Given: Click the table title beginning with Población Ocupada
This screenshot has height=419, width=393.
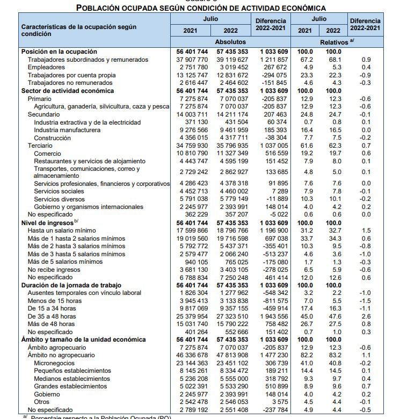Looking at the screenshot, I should pos(201,8).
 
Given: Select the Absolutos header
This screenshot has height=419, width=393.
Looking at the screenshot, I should pos(230,41).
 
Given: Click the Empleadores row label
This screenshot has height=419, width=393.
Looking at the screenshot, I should pos(48,67).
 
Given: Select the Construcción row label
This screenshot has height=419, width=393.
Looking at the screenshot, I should pos(52,138).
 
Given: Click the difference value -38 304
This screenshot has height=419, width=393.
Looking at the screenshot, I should pos(274,138).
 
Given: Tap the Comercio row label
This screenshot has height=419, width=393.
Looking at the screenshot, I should pos(48,153).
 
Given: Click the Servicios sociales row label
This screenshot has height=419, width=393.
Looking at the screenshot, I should pos(60,191).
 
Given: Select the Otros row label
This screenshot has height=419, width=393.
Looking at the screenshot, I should pos(42,402).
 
